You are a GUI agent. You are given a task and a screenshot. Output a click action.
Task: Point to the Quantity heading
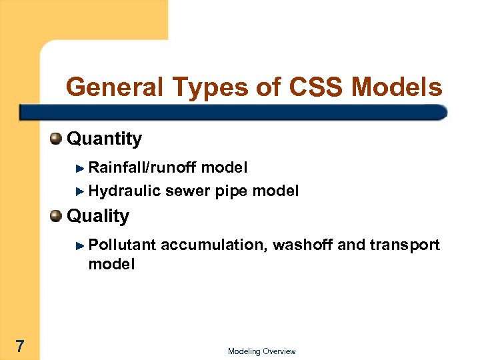click(x=105, y=139)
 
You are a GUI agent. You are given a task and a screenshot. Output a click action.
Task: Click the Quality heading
click(x=98, y=216)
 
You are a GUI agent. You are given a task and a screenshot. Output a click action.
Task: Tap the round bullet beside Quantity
click(x=57, y=139)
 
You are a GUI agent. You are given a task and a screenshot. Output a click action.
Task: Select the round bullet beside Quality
click(x=57, y=216)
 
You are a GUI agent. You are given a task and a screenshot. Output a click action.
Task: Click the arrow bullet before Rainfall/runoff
click(x=80, y=167)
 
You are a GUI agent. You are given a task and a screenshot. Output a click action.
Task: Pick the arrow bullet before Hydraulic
click(x=80, y=192)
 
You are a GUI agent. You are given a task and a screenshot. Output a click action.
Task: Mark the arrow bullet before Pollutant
click(x=80, y=245)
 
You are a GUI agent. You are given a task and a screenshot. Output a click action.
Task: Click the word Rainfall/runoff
click(x=142, y=167)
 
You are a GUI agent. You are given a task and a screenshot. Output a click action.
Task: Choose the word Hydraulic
click(x=124, y=191)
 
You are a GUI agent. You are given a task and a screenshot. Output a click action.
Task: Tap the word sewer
click(x=187, y=191)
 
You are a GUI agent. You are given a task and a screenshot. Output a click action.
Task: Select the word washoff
click(x=304, y=245)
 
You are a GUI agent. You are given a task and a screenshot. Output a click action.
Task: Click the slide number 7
click(x=20, y=346)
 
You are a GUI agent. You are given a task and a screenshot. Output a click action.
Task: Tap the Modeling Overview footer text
click(x=261, y=351)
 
